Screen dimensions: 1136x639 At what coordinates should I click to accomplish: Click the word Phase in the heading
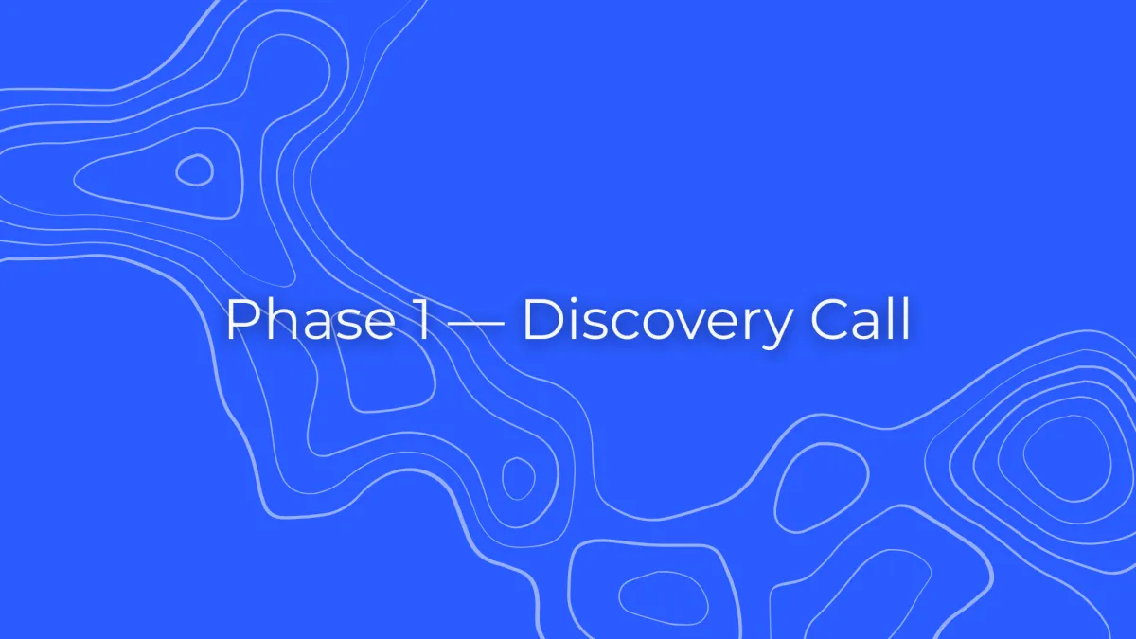click(x=311, y=319)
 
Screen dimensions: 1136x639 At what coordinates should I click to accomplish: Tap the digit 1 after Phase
click(x=421, y=320)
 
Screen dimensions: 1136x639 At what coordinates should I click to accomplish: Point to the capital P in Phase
click(x=242, y=320)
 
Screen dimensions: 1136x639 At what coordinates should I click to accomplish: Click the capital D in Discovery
click(x=544, y=320)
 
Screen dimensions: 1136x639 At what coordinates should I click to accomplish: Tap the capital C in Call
click(x=829, y=320)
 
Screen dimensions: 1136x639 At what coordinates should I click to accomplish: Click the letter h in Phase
click(x=282, y=319)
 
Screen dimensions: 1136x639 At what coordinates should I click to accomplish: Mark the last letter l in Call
click(x=906, y=319)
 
